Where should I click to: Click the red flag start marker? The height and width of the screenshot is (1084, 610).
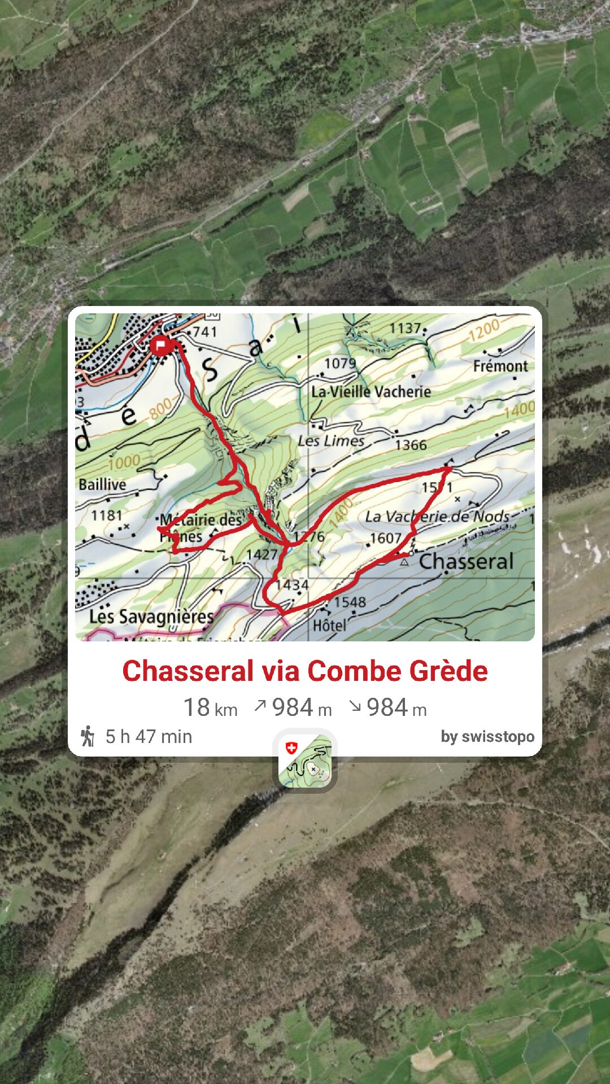pos(161,345)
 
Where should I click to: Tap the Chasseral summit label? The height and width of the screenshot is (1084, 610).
pos(466,562)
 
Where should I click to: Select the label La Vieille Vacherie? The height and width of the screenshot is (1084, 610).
pos(371,392)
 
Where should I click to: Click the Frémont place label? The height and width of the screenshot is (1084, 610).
pos(500,366)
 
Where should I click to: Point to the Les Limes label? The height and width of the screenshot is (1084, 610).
pos(332,440)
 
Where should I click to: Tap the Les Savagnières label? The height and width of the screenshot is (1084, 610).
pos(151,617)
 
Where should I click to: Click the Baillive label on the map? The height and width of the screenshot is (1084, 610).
pos(102,484)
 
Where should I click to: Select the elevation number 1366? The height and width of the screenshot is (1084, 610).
pos(411,445)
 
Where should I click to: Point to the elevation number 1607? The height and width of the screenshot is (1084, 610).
pos(385,538)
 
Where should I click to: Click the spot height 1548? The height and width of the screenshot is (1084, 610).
pos(350,602)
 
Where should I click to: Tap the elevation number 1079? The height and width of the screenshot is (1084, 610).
pos(340,363)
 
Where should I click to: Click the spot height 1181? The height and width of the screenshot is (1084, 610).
pos(107,515)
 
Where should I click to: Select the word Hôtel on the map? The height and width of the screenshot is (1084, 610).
pos(330,626)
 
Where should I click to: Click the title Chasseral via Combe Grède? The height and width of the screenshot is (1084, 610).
pos(305,671)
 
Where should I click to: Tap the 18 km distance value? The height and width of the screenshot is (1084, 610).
pos(210,708)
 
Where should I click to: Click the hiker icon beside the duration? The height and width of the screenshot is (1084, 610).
pos(88,736)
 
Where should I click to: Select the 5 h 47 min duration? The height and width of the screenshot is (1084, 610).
pos(149,737)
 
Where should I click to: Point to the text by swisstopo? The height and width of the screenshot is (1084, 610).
pos(487,737)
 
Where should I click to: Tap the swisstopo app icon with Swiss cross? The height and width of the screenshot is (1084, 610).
pos(305,760)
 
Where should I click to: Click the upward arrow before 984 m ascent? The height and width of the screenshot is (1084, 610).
pos(260,706)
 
